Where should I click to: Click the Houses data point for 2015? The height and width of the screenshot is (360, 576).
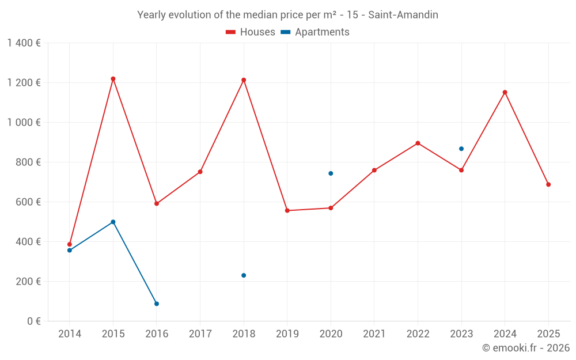tap(113, 79)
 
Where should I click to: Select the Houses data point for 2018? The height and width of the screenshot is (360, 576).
tap(244, 80)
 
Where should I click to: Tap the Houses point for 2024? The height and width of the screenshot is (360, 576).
tap(505, 92)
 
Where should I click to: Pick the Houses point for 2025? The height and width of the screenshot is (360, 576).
tap(548, 184)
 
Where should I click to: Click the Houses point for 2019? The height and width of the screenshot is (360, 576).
tap(287, 210)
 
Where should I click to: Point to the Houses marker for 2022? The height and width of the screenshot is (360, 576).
tap(418, 143)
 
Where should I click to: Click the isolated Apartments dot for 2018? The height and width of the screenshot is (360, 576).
tap(244, 275)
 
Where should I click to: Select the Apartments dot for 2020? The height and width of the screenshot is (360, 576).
tap(331, 173)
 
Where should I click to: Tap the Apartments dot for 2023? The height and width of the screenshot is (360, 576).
tap(461, 149)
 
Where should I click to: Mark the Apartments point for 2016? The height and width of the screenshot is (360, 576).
tap(157, 304)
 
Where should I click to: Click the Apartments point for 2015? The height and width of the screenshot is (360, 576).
tap(113, 222)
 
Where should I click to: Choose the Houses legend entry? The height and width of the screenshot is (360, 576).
tap(251, 32)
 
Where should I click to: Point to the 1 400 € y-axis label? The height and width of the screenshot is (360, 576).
tap(24, 43)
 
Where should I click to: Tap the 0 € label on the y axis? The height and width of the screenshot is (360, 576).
tap(33, 321)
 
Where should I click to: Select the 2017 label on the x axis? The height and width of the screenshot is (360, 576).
tap(200, 334)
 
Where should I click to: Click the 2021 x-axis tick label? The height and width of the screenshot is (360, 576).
tap(374, 334)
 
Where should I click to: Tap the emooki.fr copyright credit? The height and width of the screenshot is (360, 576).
tap(525, 348)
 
